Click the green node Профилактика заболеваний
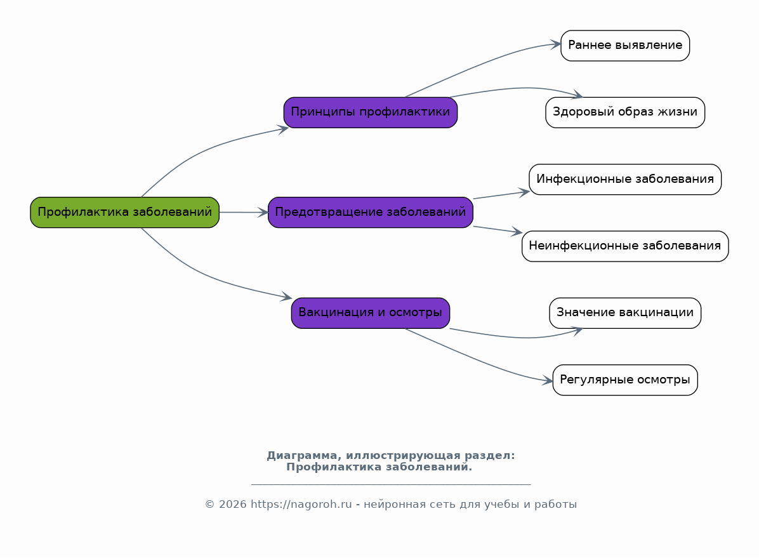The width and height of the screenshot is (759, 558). (x=124, y=212)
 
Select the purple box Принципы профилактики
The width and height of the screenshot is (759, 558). (x=370, y=112)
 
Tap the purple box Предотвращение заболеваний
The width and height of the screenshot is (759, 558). (x=370, y=212)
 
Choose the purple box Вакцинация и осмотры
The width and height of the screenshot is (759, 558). (x=370, y=312)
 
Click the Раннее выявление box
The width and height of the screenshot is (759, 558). (x=624, y=45)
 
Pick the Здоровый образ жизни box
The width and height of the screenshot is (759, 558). (x=624, y=112)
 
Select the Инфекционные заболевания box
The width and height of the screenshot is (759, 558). (x=624, y=179)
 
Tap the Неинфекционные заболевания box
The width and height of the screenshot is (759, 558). (x=624, y=246)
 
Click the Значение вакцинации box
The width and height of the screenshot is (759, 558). (x=624, y=312)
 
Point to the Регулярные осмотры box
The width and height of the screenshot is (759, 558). (x=624, y=380)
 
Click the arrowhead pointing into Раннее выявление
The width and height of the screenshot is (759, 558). (x=555, y=44)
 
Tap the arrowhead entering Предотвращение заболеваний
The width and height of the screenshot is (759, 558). (x=263, y=213)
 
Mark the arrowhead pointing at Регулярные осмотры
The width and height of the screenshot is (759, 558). (x=548, y=382)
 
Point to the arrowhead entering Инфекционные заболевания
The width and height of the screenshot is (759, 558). (x=524, y=192)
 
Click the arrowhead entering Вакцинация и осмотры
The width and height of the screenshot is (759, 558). (x=286, y=297)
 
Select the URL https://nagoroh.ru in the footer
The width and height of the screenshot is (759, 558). (x=301, y=505)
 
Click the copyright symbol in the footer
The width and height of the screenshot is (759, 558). (x=210, y=505)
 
